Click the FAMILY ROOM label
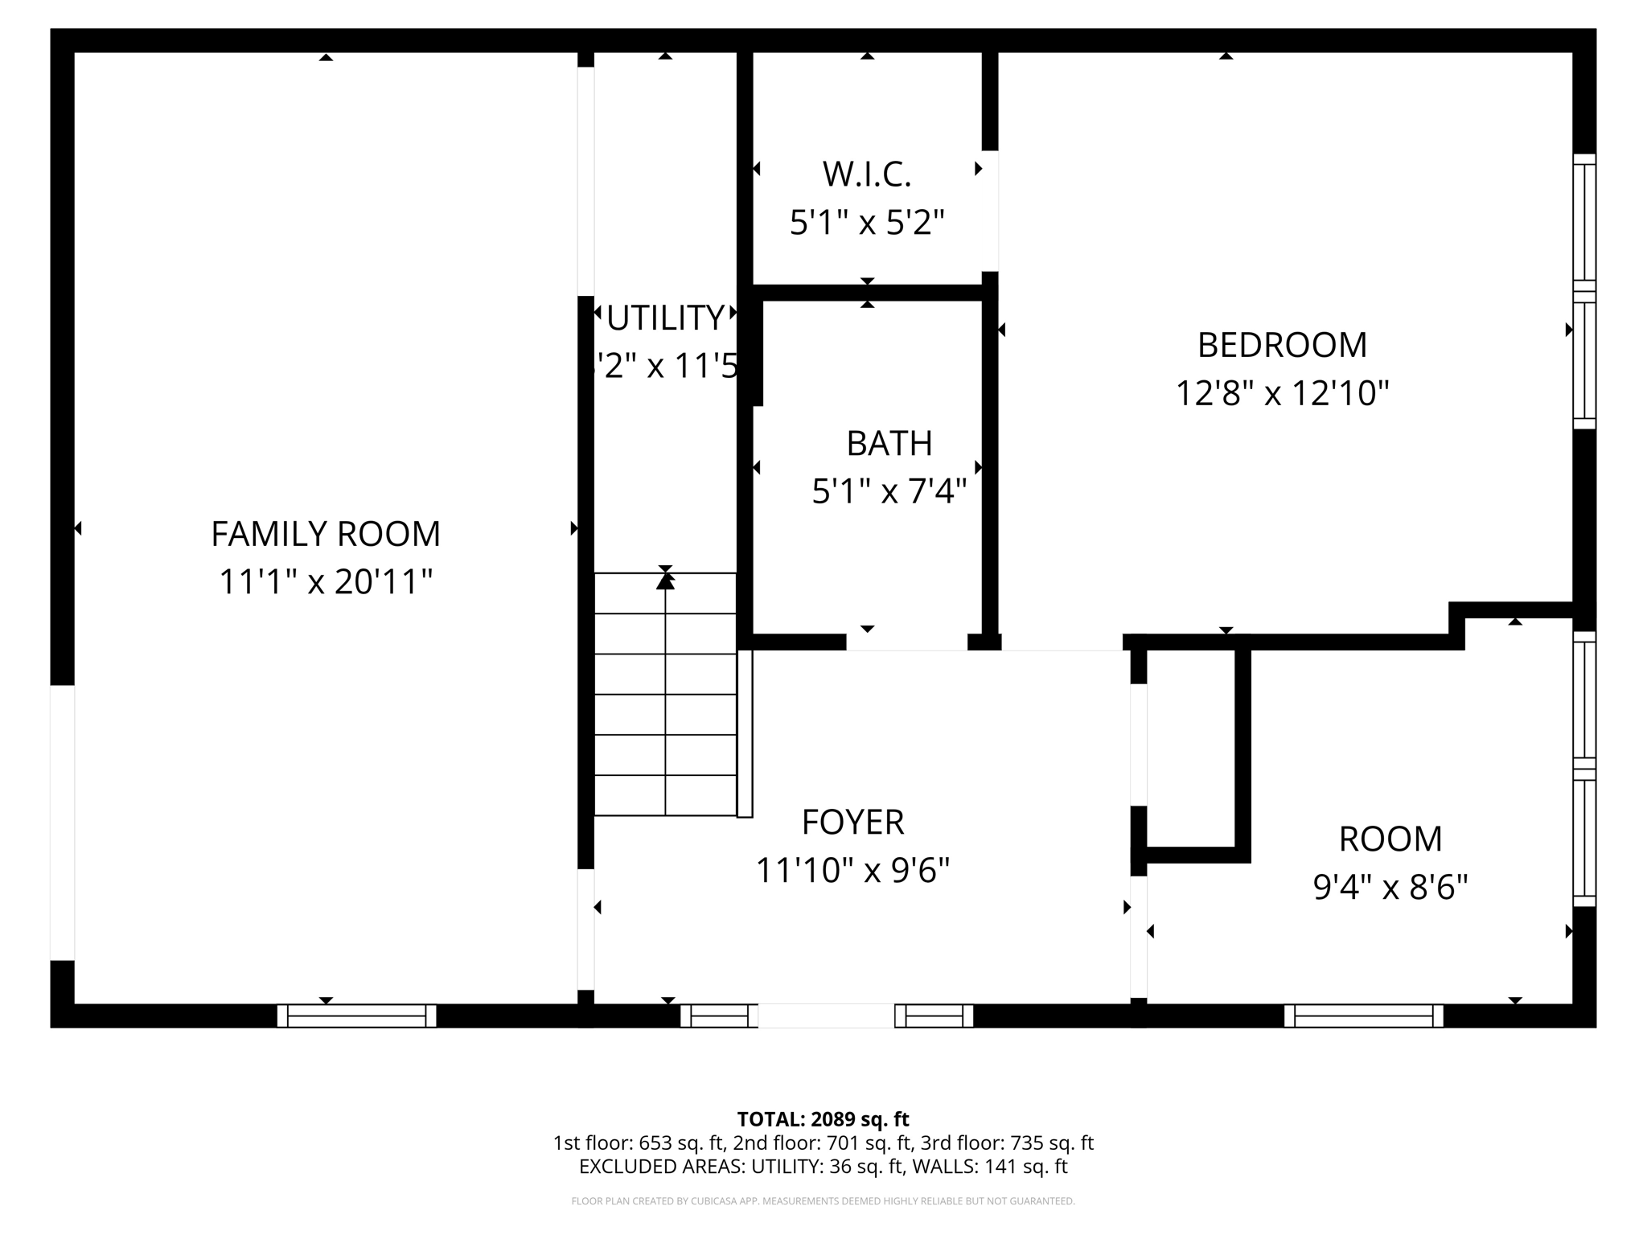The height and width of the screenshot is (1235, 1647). (x=326, y=534)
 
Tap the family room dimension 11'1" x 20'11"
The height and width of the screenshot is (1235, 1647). (x=326, y=582)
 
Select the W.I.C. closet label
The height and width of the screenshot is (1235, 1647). (x=867, y=174)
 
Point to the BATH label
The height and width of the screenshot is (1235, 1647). (x=889, y=443)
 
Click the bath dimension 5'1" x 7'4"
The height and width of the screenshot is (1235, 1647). (x=889, y=491)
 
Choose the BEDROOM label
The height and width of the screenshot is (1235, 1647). (x=1282, y=345)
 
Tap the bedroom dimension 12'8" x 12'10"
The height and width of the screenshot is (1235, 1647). (x=1282, y=394)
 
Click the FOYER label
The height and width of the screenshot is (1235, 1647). (x=852, y=822)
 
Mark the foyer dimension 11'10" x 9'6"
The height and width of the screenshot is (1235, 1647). (x=852, y=871)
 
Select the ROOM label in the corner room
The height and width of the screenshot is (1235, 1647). (x=1390, y=839)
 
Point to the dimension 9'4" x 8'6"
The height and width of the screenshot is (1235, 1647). (x=1390, y=888)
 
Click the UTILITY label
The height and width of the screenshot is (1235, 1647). (x=665, y=318)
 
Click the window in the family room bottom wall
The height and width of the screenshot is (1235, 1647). (x=356, y=1015)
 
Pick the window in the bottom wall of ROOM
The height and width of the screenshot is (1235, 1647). (x=1363, y=1015)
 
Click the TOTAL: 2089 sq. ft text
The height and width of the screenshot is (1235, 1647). (x=823, y=1119)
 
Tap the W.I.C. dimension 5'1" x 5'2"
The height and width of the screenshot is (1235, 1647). (x=867, y=223)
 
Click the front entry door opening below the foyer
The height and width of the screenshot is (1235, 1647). (x=826, y=1015)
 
